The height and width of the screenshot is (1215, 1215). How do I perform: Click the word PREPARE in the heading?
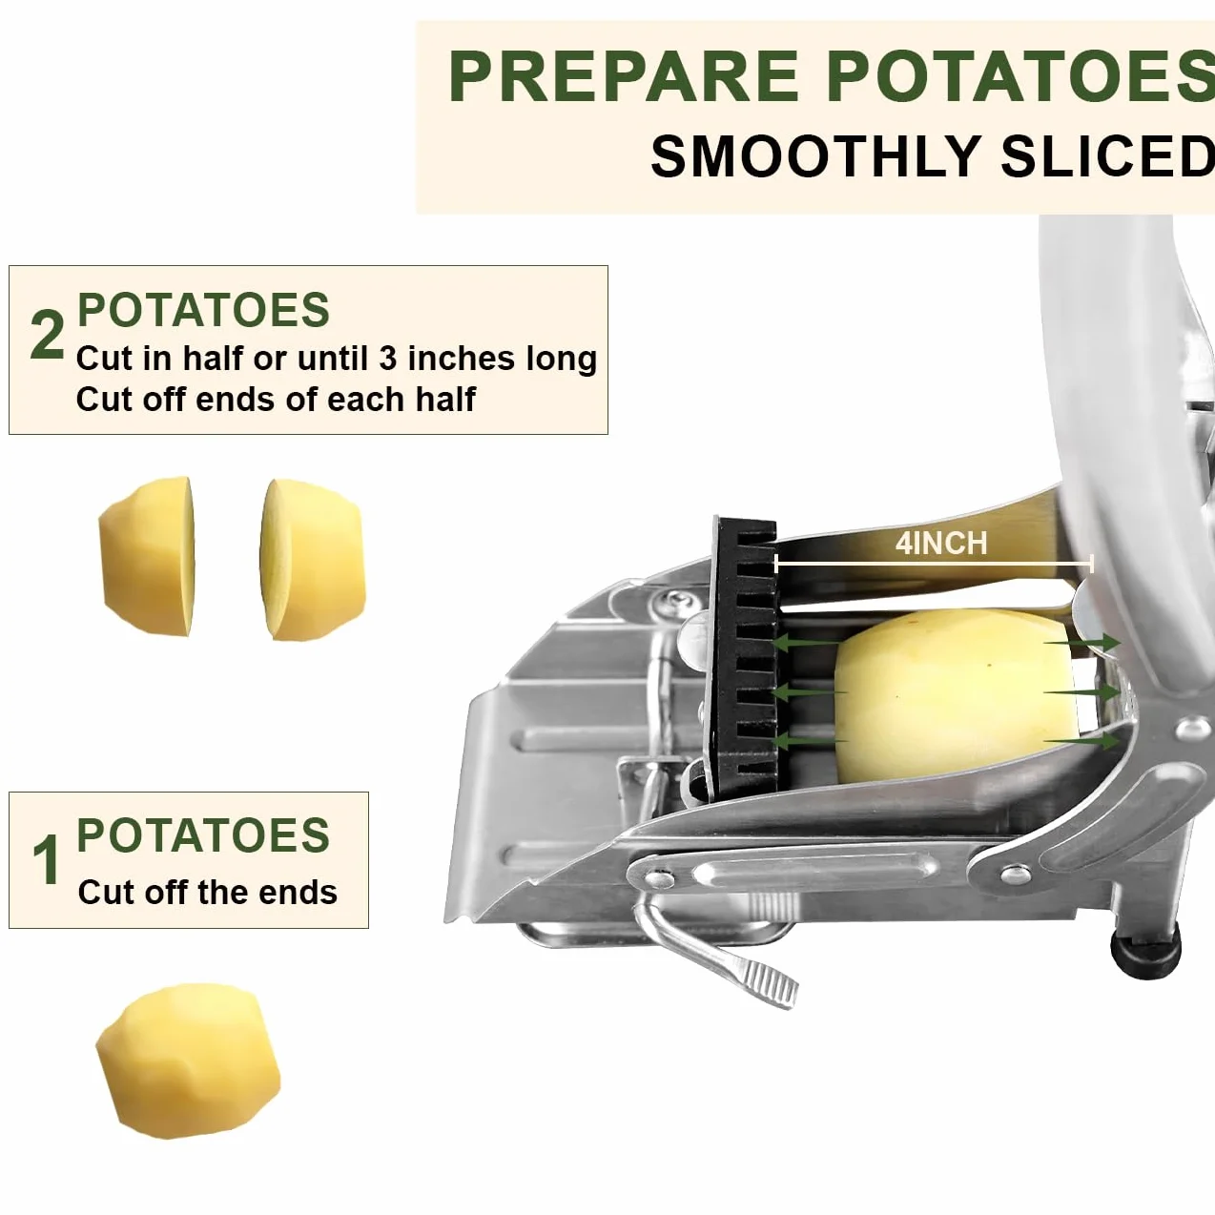click(x=624, y=76)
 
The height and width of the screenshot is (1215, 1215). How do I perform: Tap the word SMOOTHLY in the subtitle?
click(x=814, y=156)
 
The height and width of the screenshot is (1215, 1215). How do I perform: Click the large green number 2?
click(x=48, y=336)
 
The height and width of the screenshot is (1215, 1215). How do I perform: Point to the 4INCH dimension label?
click(x=940, y=544)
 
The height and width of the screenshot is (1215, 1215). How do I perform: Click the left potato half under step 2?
click(x=147, y=556)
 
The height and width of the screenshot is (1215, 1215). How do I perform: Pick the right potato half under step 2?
click(x=313, y=560)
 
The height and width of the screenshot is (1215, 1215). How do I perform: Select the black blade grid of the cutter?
click(x=746, y=659)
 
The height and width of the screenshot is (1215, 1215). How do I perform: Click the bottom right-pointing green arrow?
click(x=1082, y=741)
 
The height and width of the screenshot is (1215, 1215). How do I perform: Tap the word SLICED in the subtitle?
click(x=1107, y=156)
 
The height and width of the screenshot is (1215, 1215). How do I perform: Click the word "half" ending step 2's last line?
click(x=445, y=399)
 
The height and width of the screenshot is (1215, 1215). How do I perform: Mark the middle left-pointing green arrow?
click(x=810, y=692)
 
